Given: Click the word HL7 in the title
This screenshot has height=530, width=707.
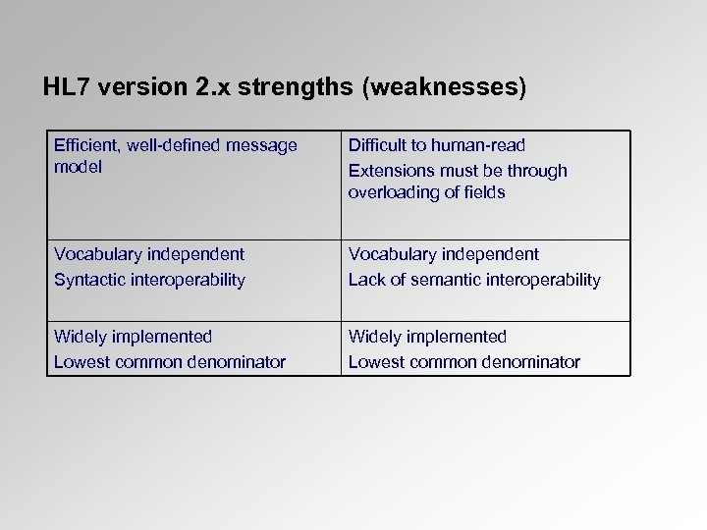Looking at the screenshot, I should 66,87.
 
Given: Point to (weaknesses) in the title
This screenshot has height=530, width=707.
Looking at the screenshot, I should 445,87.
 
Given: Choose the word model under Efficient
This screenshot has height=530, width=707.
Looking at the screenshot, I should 78,167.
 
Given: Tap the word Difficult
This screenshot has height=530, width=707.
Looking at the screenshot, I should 380,145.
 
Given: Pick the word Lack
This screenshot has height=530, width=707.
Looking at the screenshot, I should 366,280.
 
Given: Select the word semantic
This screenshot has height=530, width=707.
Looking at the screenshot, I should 439,280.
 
